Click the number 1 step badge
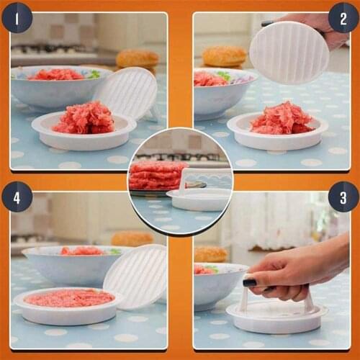[x=17, y=17]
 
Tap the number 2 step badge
[x=343, y=17]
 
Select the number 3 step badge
[x=343, y=197]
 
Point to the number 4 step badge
[x=17, y=197]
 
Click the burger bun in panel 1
[x=137, y=58]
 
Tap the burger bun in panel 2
[x=224, y=56]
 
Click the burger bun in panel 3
[x=210, y=254]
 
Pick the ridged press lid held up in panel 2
[x=289, y=53]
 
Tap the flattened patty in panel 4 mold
[x=69, y=298]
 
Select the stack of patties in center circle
[x=157, y=175]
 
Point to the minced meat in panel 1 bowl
[x=55, y=74]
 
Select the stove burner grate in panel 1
[x=50, y=48]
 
